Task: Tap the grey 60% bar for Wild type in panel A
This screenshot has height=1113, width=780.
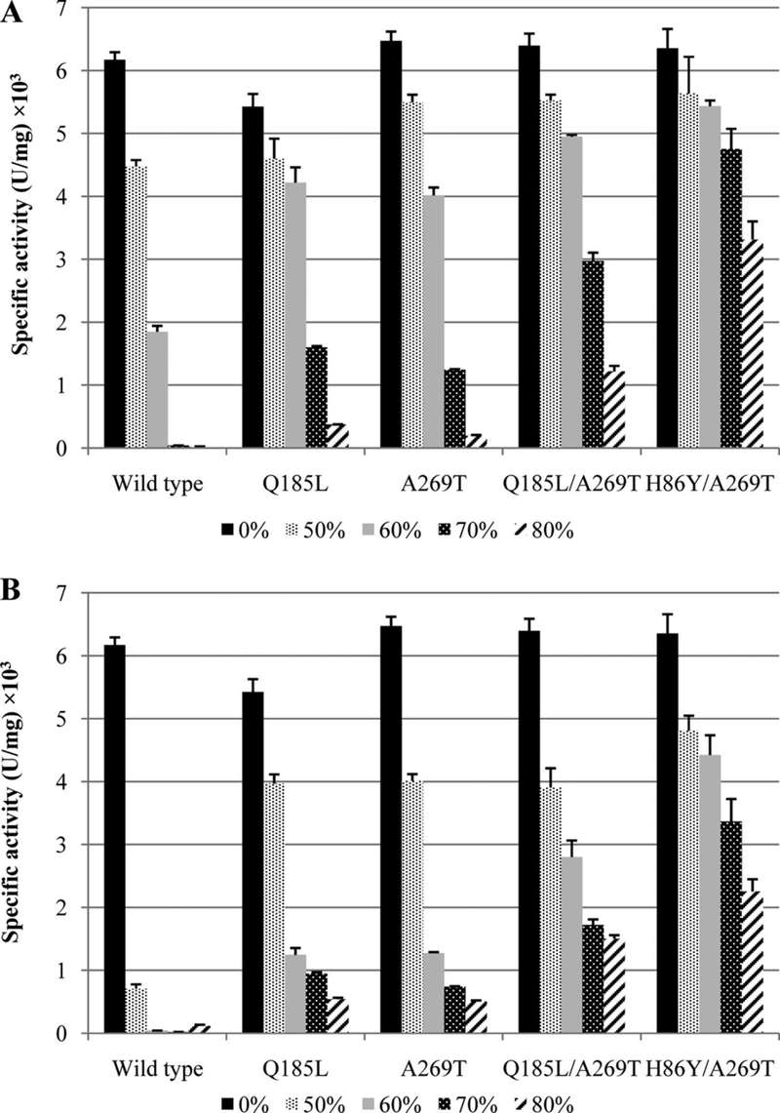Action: (x=157, y=390)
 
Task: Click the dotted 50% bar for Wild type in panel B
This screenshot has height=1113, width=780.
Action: (x=136, y=1011)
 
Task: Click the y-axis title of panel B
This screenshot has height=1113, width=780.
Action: (x=20, y=810)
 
